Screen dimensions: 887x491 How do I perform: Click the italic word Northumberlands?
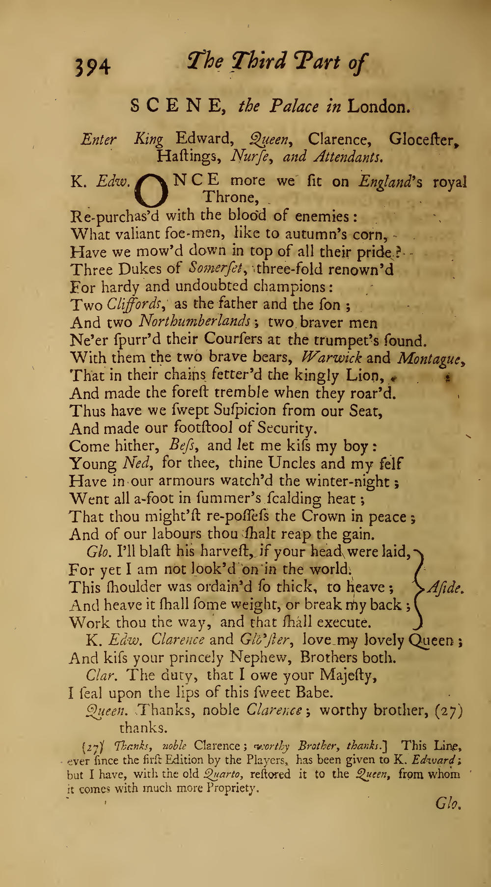tap(195, 322)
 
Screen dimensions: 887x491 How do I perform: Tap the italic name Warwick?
tap(332, 357)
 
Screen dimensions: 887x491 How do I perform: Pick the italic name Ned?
tap(137, 463)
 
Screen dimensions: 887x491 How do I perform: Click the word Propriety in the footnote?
tap(231, 789)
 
